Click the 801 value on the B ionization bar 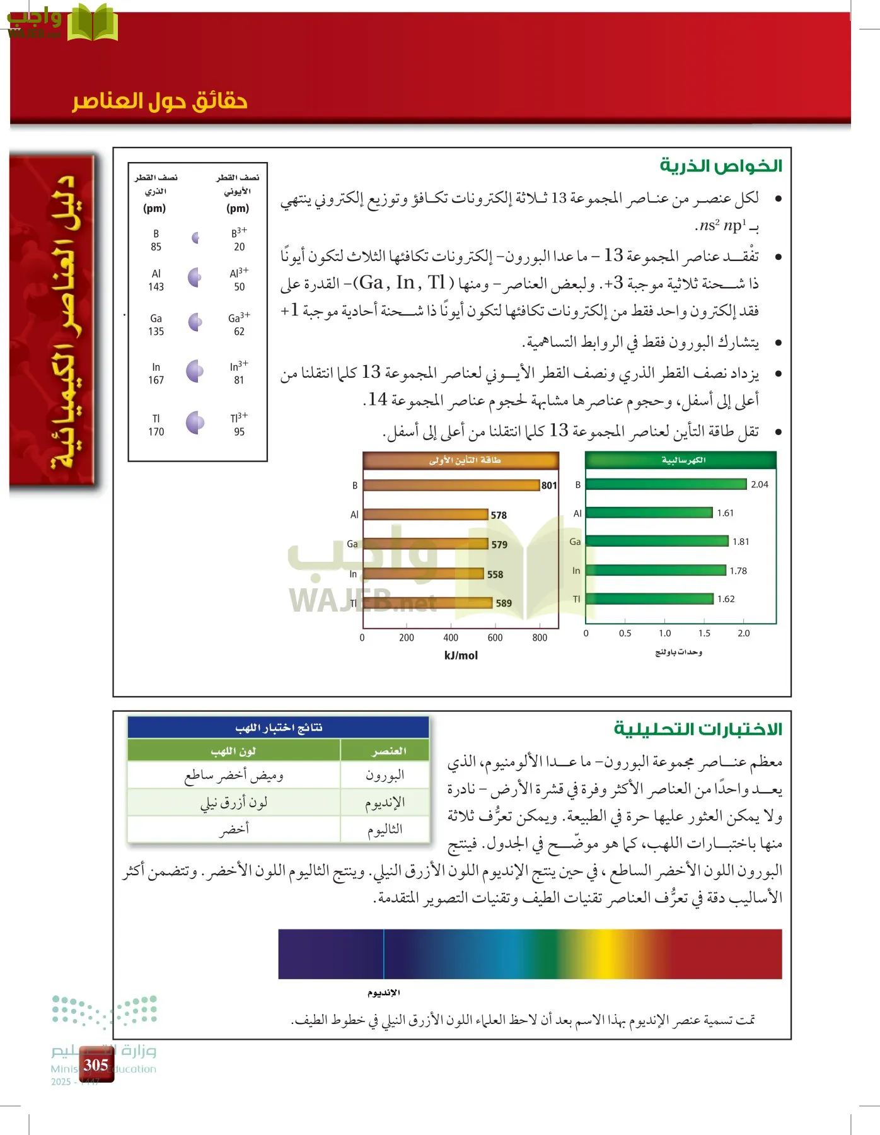click(x=549, y=486)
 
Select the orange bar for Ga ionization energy click(x=426, y=544)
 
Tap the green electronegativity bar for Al click(x=649, y=513)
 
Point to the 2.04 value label click(x=759, y=484)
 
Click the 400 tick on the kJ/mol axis click(x=451, y=637)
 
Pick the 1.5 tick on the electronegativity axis click(x=704, y=633)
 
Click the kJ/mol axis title click(x=461, y=656)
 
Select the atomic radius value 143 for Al click(x=156, y=287)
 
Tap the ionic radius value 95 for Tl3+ click(x=239, y=432)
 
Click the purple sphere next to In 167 click(x=195, y=371)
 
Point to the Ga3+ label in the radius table click(x=238, y=317)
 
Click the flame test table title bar click(x=278, y=728)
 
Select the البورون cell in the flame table click(x=385, y=775)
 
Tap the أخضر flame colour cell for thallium click(x=234, y=829)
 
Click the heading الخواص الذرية click(x=721, y=166)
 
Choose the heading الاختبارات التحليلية click(x=698, y=729)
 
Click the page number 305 click(x=96, y=1065)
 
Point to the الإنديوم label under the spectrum click(x=383, y=993)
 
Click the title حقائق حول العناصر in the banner click(x=159, y=101)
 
